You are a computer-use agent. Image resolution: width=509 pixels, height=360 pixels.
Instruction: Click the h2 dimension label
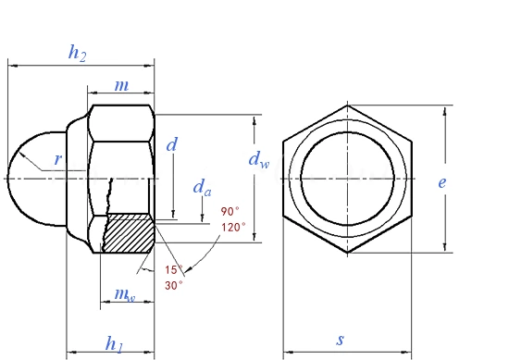click(77, 53)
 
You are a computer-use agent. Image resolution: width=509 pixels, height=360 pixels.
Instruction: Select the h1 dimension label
click(114, 343)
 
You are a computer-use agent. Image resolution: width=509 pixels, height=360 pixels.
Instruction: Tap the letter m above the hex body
click(122, 85)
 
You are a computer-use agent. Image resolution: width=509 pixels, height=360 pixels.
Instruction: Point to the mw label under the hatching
click(125, 294)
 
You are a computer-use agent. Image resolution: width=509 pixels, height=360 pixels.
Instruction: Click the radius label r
click(57, 159)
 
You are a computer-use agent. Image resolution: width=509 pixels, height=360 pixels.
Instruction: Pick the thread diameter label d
click(172, 144)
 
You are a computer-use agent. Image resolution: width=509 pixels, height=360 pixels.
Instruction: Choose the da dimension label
click(202, 188)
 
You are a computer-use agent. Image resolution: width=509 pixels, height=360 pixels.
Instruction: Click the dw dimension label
click(259, 160)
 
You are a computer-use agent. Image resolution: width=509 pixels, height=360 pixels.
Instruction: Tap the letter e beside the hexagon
click(441, 182)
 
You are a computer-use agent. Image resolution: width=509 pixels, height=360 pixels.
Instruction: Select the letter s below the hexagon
click(340, 340)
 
